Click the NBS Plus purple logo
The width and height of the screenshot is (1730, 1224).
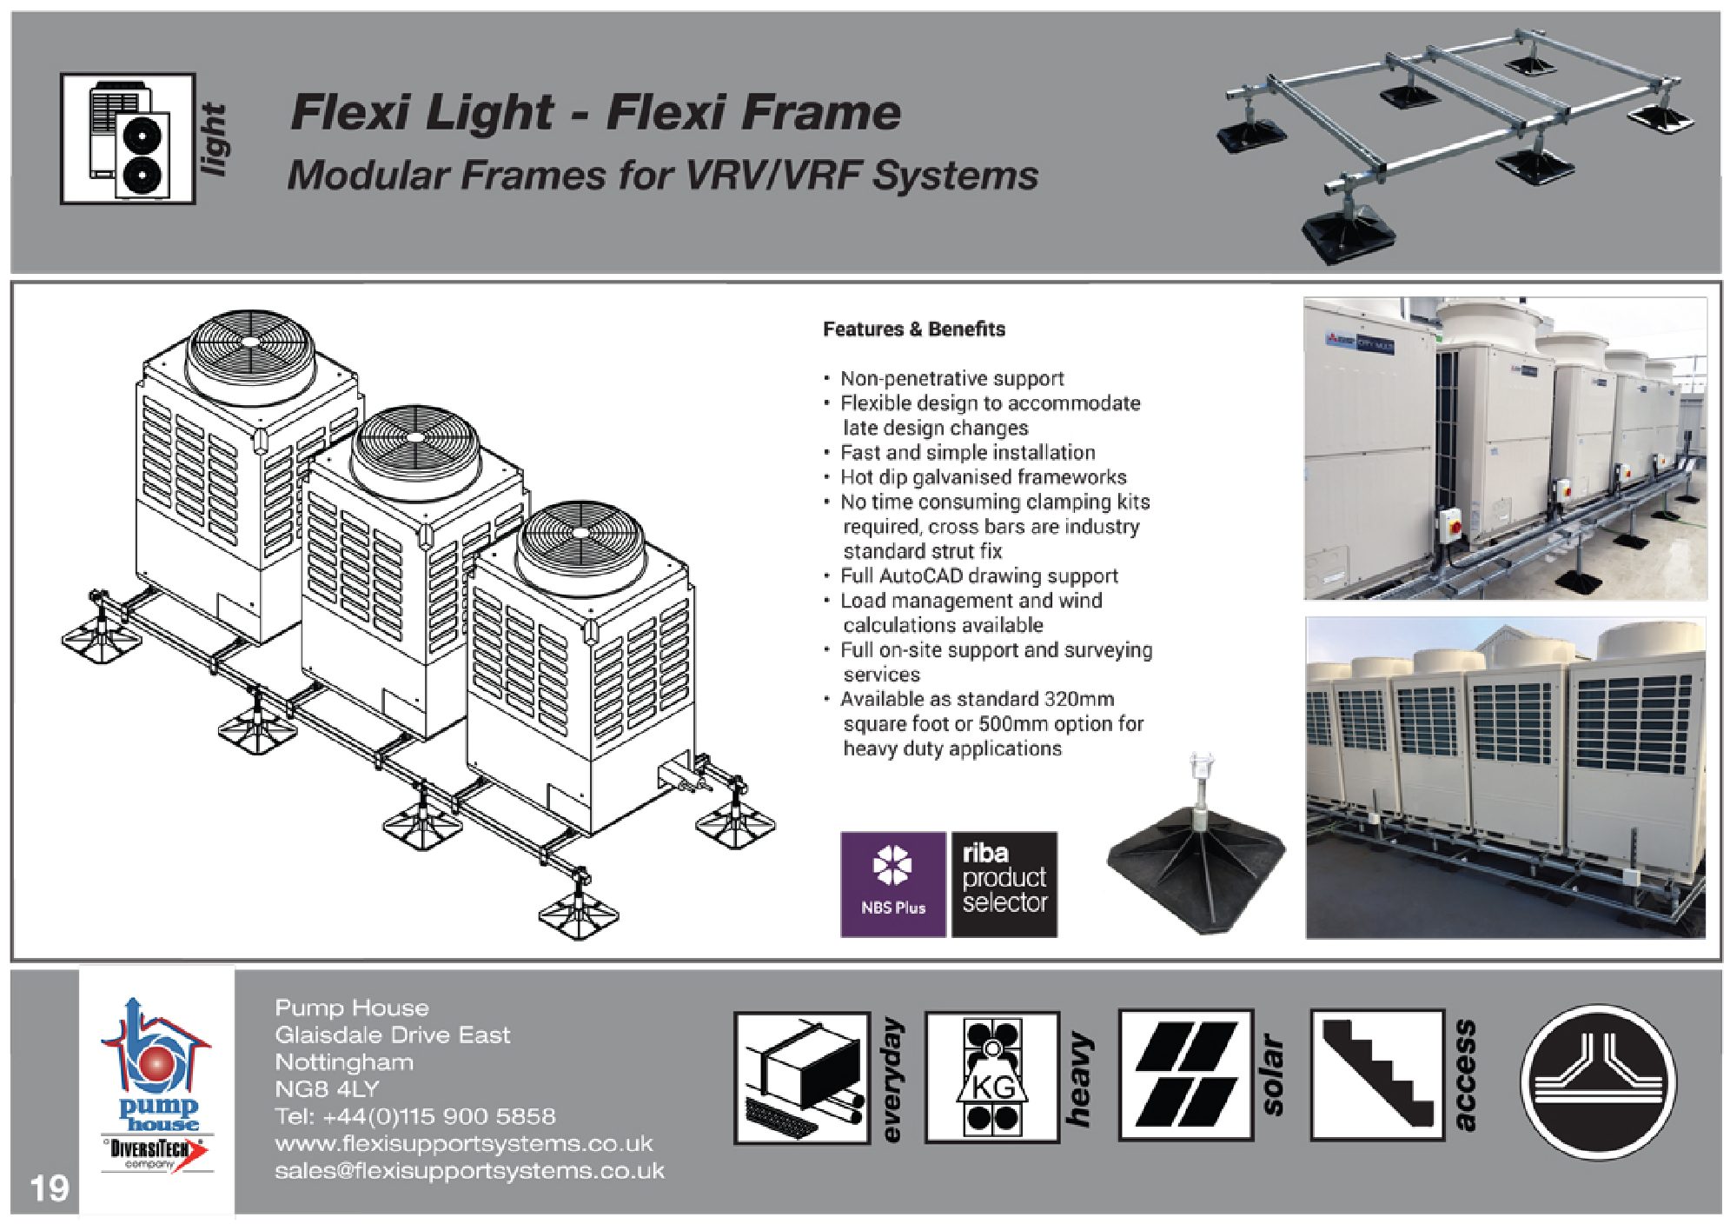point(892,883)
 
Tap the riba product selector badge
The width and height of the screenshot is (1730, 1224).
point(1004,883)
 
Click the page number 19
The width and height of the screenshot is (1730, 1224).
point(49,1187)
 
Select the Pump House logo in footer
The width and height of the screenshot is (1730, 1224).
point(156,1087)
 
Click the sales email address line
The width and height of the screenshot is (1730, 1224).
point(469,1171)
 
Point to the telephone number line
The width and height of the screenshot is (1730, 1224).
point(414,1116)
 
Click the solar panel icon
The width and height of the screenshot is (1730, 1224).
point(1185,1075)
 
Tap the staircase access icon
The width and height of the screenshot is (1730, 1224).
point(1376,1075)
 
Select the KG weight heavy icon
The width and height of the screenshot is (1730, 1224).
point(991,1076)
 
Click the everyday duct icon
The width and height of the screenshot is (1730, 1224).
point(802,1077)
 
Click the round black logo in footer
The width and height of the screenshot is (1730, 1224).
point(1598,1081)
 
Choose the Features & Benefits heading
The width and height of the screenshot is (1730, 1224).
point(913,329)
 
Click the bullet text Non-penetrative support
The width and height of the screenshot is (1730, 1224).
point(951,379)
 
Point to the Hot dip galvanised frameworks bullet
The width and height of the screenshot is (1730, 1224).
point(983,477)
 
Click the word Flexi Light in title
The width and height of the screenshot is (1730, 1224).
point(421,113)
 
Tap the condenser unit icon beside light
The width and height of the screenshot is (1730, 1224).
point(129,139)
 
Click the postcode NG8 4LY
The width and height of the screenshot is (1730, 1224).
point(327,1089)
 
